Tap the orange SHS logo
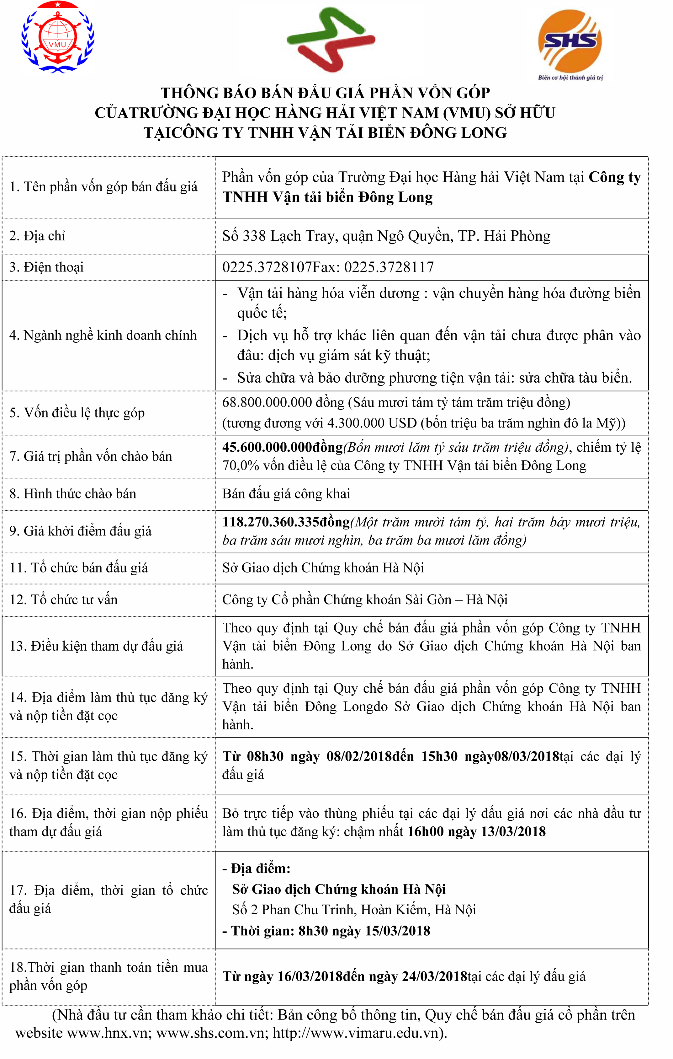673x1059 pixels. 570,41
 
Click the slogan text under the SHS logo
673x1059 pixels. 570,78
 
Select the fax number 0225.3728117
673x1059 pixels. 389,267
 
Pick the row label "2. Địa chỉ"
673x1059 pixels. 37,236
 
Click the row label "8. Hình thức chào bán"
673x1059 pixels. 73,494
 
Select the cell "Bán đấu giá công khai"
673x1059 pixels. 286,494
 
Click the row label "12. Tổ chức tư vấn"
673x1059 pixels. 64,600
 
